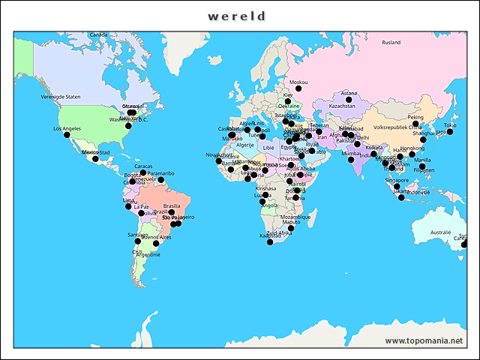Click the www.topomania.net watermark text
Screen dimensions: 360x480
pos(424,341)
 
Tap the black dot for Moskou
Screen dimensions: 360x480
pos(298,88)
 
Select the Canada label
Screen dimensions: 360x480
pos(98,35)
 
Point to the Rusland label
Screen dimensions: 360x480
pos(391,43)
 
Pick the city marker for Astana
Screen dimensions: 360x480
pos(349,100)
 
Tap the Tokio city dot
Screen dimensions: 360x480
pos(449,132)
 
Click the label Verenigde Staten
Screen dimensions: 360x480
pos(61,97)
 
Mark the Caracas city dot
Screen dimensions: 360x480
pos(143,172)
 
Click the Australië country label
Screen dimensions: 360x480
pos(440,232)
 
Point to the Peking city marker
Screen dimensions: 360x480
pos(415,124)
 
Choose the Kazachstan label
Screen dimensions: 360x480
pos(342,106)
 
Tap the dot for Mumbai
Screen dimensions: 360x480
pos(351,160)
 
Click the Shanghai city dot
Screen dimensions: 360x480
pos(423,140)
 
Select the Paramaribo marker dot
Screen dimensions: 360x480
pos(160,180)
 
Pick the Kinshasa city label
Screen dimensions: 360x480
pos(265,188)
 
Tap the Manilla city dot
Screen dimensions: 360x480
pos(422,166)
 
